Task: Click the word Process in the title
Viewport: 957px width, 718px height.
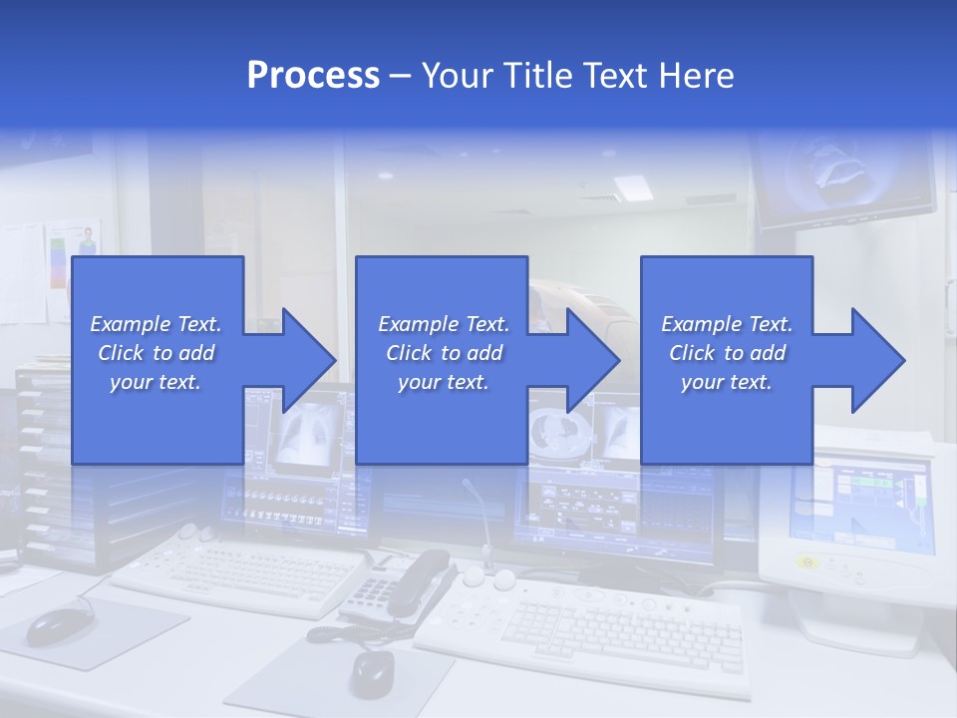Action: point(313,76)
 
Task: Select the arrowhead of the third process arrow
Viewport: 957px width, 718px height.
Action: point(876,360)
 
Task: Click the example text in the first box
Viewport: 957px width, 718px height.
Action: point(156,353)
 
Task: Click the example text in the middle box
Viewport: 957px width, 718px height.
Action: point(443,353)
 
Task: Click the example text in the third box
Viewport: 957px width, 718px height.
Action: point(726,353)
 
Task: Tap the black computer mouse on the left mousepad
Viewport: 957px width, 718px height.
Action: point(56,625)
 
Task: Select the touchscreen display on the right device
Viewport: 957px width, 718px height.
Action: point(862,504)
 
